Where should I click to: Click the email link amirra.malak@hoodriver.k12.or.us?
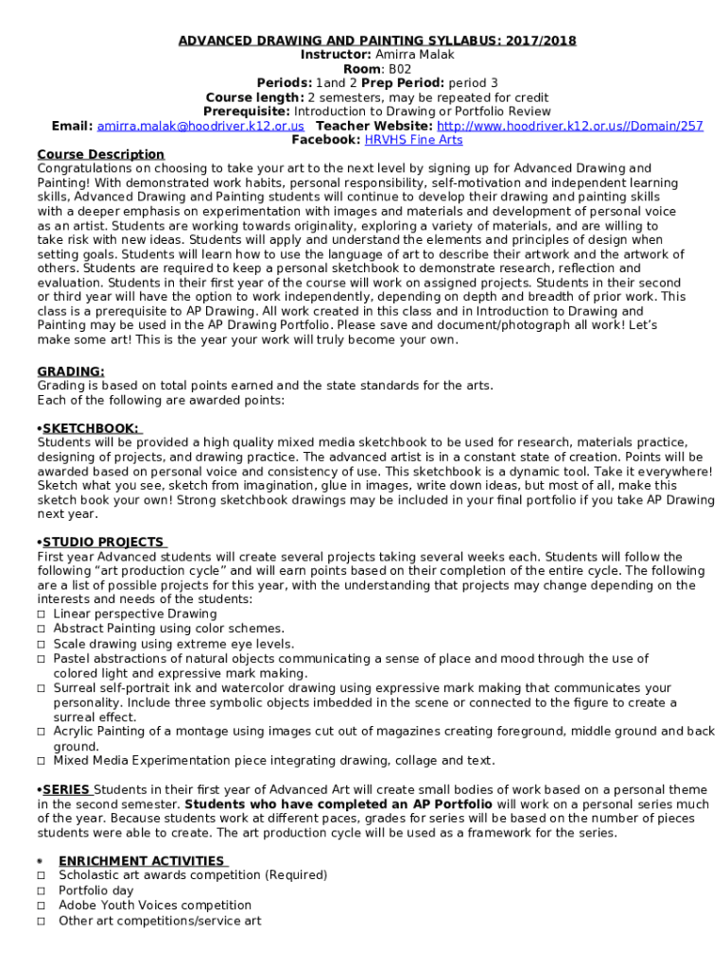click(x=200, y=126)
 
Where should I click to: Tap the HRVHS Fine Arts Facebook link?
click(x=413, y=140)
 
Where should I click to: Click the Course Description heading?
click(x=100, y=154)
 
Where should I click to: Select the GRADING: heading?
click(x=71, y=372)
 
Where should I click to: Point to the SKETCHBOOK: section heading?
click(x=90, y=428)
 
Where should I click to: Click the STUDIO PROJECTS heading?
click(x=102, y=543)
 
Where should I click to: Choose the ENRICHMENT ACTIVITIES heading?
click(x=141, y=861)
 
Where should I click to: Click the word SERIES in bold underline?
click(x=66, y=790)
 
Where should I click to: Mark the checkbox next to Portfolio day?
click(x=42, y=890)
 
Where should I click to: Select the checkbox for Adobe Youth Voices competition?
click(x=42, y=906)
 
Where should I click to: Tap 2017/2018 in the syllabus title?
click(x=541, y=41)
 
